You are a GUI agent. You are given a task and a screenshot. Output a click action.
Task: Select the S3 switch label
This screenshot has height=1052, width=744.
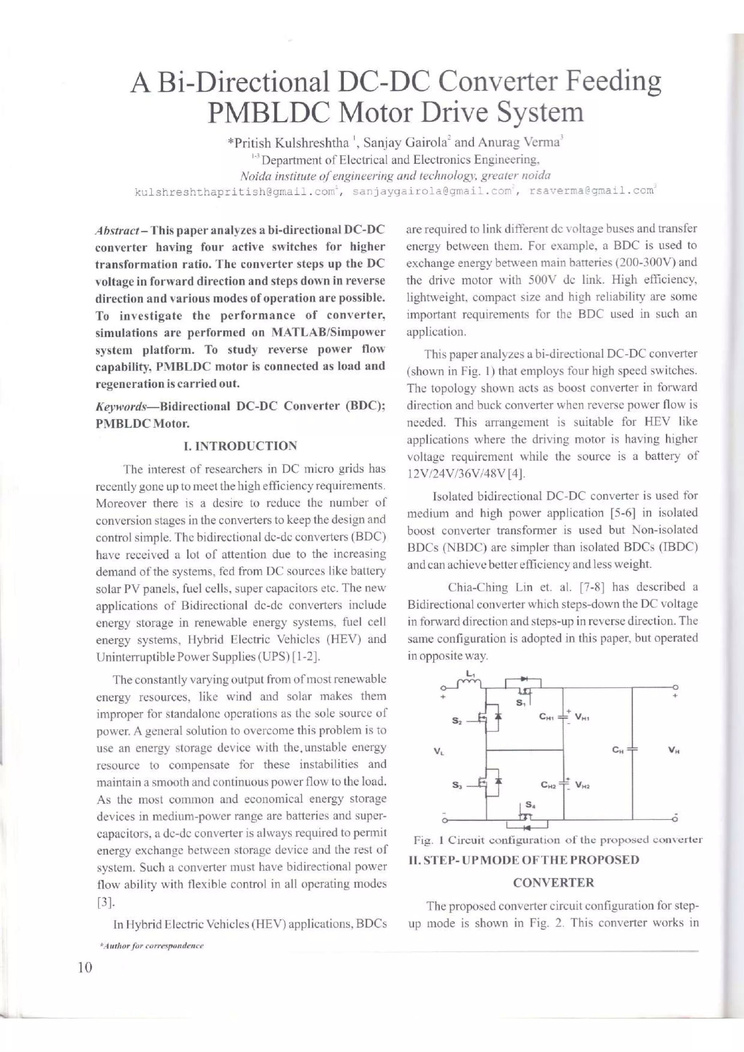457,785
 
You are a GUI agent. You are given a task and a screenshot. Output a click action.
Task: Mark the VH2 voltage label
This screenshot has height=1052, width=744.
583,786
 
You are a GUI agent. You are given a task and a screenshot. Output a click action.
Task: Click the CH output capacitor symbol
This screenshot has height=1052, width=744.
632,750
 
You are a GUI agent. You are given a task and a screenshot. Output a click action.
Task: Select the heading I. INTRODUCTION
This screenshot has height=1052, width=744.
240,446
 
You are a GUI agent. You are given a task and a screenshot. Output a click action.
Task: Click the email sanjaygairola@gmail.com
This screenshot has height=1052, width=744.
431,192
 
